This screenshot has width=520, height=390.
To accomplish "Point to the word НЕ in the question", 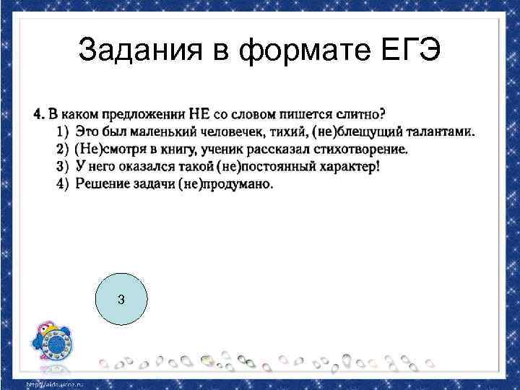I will [199, 114].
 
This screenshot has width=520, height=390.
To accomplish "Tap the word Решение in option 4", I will [101, 183].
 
